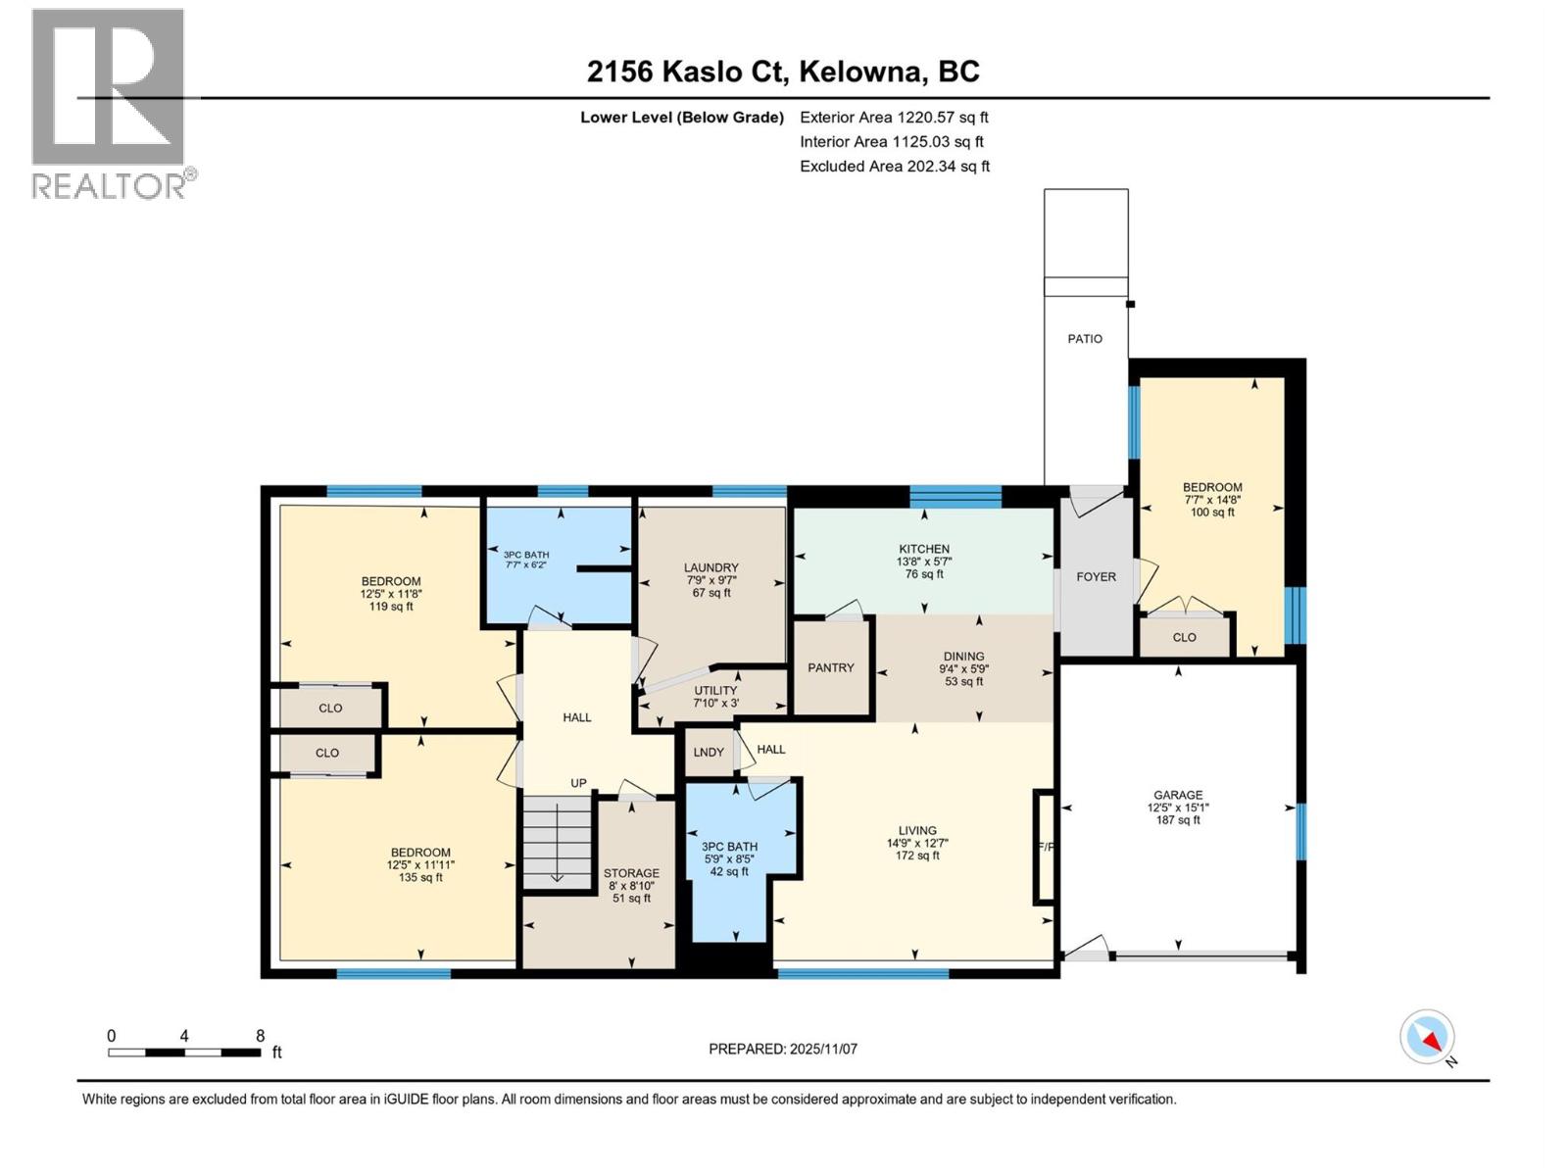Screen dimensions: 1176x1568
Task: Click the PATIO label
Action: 1085,339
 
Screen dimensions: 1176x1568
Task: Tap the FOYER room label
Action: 1096,577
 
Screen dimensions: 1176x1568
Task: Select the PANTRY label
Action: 831,668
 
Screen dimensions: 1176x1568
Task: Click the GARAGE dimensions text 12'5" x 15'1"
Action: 1178,808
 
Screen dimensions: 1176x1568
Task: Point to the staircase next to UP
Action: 557,841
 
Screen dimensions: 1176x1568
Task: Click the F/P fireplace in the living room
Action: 1045,847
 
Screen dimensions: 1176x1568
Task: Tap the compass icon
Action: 1428,1037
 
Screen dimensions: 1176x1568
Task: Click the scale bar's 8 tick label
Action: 260,1036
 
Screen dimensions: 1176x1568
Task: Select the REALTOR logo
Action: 110,103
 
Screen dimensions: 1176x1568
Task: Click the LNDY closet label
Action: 709,753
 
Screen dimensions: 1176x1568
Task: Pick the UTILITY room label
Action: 715,691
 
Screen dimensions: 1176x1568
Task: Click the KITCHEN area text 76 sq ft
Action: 924,575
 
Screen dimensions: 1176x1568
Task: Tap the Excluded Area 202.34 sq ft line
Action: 894,167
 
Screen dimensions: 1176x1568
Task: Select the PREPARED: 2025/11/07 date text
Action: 783,1050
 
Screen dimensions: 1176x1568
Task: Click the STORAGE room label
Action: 631,873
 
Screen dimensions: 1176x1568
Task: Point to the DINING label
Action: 963,657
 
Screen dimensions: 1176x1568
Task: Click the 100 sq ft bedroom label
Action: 1212,513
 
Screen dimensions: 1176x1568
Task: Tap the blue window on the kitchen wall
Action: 955,496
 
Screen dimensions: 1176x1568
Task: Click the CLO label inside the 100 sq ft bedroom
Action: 1184,638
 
